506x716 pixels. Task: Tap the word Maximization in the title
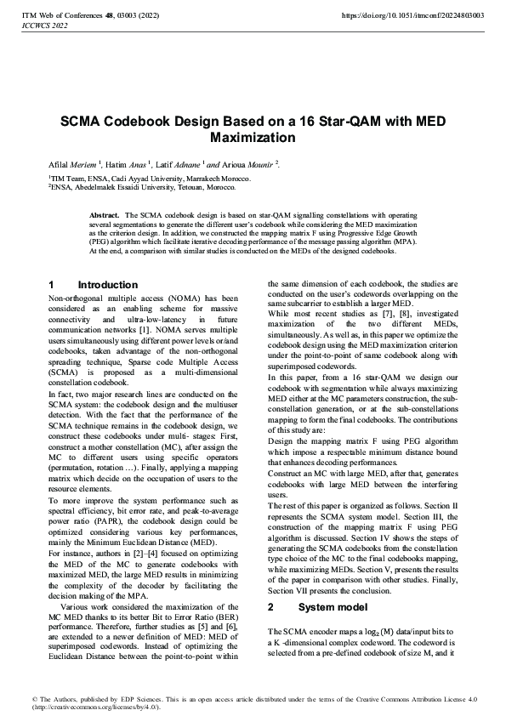click(x=252, y=137)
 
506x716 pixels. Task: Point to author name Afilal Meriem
click(x=73, y=163)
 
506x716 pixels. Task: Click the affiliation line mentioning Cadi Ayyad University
click(x=149, y=179)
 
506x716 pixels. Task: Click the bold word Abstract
click(x=105, y=216)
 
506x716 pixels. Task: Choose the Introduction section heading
click(x=107, y=285)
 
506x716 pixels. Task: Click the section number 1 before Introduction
click(x=52, y=285)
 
